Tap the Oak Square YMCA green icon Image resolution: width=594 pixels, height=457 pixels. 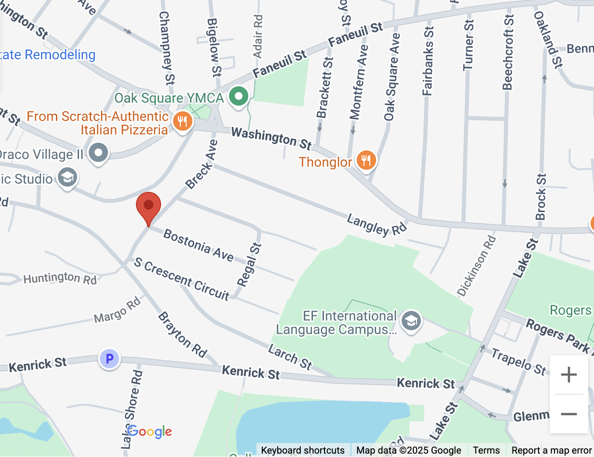click(238, 96)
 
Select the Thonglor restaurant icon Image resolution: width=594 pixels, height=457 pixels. click(366, 160)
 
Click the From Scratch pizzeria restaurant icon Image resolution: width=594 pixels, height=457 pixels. click(182, 121)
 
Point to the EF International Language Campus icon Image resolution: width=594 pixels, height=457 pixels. click(412, 321)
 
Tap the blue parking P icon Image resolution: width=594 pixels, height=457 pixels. click(109, 359)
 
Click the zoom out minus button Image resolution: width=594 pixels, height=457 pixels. click(569, 414)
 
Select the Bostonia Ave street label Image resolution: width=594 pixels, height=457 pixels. click(199, 245)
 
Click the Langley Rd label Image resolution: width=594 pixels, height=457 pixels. click(377, 224)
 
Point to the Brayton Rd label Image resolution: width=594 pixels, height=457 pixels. click(182, 335)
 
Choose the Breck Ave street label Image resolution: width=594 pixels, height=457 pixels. click(202, 164)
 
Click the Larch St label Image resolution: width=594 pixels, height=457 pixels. click(290, 356)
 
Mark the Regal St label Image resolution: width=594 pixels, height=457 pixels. click(249, 265)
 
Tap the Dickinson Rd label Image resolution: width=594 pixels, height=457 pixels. click(476, 265)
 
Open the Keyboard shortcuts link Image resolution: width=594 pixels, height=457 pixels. click(303, 450)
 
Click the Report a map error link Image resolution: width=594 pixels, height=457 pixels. click(551, 450)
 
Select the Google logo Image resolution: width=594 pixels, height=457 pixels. click(149, 431)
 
